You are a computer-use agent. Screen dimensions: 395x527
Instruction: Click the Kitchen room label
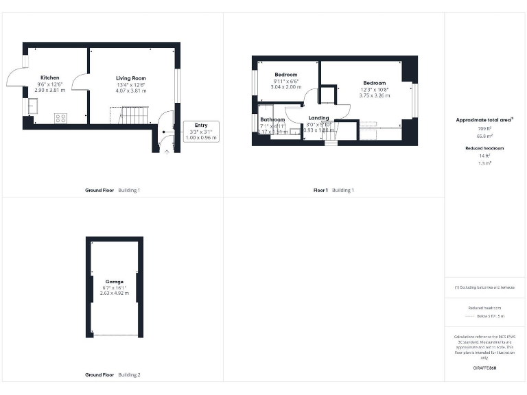49,77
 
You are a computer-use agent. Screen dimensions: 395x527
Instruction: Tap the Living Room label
130,78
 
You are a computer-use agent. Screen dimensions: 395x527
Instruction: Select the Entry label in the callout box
200,125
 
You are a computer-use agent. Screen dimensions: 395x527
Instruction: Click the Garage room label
114,281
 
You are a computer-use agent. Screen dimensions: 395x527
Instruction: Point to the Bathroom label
272,119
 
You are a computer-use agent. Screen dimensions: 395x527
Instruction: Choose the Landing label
318,118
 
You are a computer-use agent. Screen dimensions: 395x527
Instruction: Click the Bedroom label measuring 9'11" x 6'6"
285,74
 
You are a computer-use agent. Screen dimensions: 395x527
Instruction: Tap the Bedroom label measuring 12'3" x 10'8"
374,83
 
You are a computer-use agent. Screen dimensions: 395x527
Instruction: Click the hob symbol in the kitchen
60,117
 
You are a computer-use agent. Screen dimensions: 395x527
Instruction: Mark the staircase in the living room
134,115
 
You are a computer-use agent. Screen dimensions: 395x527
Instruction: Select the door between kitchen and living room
81,82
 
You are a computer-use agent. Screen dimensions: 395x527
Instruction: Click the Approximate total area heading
484,120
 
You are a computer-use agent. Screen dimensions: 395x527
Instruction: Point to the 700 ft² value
484,128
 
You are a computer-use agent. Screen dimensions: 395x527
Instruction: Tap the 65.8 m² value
484,136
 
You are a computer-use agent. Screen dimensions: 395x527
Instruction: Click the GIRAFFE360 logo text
484,368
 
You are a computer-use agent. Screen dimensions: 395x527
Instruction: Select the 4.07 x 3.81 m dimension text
130,91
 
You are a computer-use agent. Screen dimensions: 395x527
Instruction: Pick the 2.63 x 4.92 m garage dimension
114,294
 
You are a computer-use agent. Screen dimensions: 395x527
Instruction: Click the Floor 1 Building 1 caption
333,189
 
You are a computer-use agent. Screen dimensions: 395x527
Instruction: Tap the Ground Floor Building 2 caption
113,374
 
